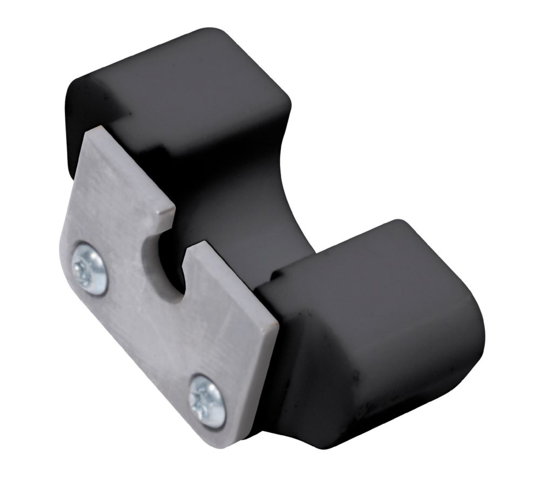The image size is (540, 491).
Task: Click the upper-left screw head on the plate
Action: (x=90, y=268)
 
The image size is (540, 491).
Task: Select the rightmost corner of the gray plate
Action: (x=278, y=325)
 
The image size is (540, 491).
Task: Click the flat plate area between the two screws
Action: (x=146, y=335)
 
